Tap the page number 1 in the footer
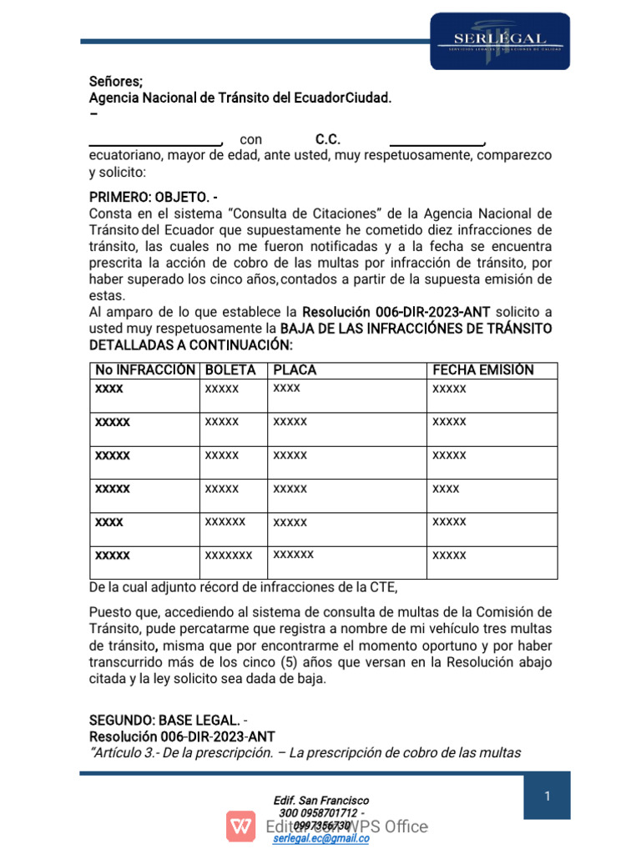point(547,796)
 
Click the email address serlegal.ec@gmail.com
point(321,839)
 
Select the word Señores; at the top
point(116,82)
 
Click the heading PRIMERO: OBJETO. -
point(154,197)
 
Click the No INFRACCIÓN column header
point(145,370)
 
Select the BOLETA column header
point(230,370)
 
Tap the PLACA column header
point(294,370)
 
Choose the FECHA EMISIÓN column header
point(482,370)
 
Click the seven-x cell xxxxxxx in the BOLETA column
point(228,555)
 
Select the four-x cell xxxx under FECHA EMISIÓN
point(446,488)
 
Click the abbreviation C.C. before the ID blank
point(327,139)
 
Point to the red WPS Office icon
point(241,826)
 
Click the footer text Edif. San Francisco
point(321,801)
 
